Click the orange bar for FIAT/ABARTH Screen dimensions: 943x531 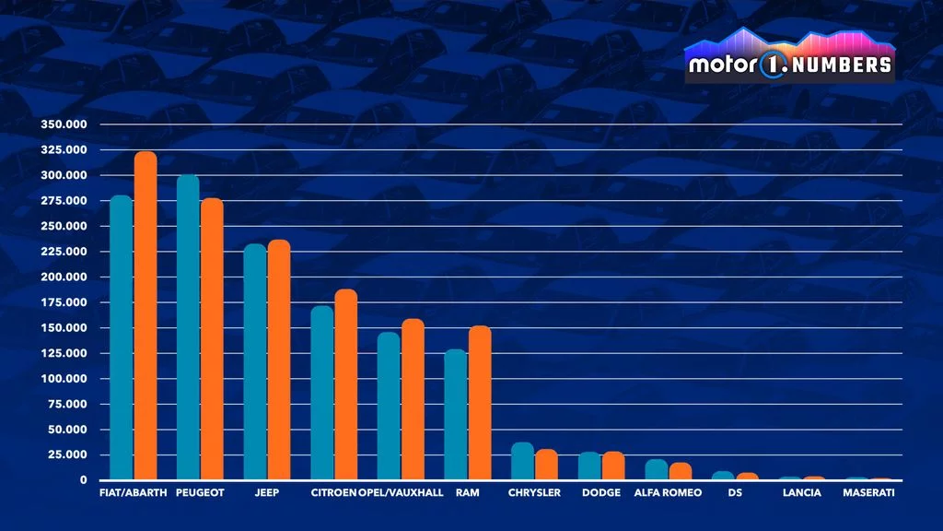[146, 315]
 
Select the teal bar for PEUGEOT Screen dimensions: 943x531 [188, 327]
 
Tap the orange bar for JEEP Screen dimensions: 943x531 [279, 360]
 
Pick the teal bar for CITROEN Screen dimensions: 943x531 [321, 393]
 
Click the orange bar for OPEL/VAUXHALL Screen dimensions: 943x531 [413, 399]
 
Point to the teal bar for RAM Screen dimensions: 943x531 [455, 414]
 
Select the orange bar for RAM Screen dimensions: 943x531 [480, 403]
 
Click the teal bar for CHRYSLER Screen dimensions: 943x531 [523, 461]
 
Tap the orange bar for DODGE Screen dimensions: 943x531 [613, 466]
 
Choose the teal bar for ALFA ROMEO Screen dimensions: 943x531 [656, 469]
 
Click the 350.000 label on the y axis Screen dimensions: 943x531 [64, 124]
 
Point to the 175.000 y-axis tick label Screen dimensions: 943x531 [64, 302]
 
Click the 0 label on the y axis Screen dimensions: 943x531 [84, 480]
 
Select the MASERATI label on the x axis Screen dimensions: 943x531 [868, 492]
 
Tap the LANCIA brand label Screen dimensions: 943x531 [802, 492]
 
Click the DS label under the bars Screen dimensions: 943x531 [735, 492]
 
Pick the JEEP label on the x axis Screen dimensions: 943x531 [266, 492]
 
